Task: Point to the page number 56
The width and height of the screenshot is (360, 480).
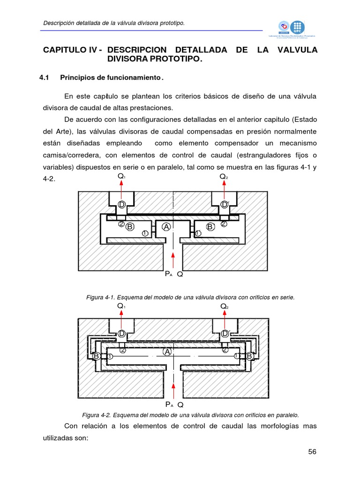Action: click(x=313, y=452)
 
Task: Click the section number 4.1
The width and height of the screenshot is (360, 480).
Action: click(x=44, y=77)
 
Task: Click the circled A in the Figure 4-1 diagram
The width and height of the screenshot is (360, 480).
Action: click(x=166, y=227)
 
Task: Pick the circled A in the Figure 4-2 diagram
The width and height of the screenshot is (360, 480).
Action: click(x=166, y=352)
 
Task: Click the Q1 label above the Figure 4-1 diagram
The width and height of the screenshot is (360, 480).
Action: click(x=121, y=177)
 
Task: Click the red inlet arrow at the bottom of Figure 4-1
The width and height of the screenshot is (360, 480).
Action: click(x=173, y=261)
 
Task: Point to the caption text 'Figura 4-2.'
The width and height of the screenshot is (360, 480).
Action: click(x=96, y=415)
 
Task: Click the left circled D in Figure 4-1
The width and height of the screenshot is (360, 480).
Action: click(x=121, y=204)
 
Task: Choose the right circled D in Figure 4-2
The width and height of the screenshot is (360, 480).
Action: click(x=225, y=333)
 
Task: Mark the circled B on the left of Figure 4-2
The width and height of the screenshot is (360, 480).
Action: click(x=96, y=357)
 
